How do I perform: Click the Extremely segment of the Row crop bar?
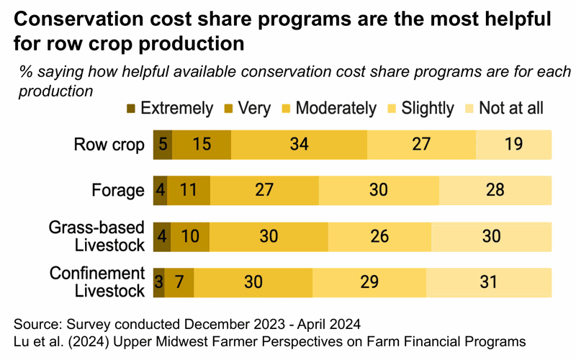[x=163, y=144]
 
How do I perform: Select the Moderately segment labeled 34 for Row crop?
[x=299, y=144]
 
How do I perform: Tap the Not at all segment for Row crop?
[x=513, y=144]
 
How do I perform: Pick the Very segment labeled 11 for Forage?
[x=189, y=190]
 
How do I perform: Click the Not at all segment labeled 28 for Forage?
[x=495, y=190]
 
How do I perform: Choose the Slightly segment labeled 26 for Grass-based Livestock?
[x=379, y=236]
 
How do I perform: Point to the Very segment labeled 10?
[x=191, y=236]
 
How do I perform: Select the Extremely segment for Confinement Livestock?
[x=159, y=282]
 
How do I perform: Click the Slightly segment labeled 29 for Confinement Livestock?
[x=369, y=282]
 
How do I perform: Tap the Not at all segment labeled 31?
[x=489, y=282]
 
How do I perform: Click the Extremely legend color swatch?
[x=131, y=109]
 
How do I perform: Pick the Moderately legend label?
[x=336, y=109]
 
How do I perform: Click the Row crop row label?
[x=109, y=144]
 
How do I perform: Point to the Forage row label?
[x=118, y=191]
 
